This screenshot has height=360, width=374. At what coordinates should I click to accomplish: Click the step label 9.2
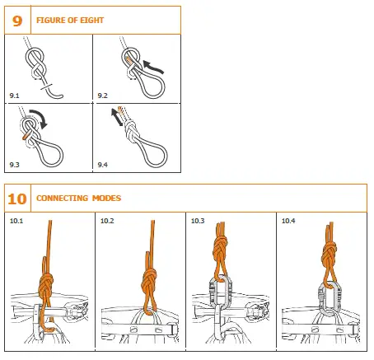[102, 96]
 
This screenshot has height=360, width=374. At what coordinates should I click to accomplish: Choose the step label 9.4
[102, 166]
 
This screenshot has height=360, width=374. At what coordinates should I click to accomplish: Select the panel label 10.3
[199, 221]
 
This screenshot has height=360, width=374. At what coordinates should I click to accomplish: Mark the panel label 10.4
[289, 221]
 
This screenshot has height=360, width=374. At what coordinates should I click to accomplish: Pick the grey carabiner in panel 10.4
[327, 296]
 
